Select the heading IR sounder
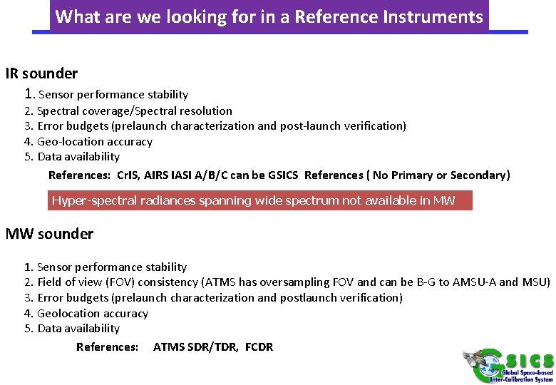41,73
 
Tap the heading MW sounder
49,234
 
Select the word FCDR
259,346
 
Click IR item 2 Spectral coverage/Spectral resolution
134,111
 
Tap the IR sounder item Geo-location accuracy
95,141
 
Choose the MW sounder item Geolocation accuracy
93,313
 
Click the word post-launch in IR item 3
310,126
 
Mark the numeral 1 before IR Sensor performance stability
29,93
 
